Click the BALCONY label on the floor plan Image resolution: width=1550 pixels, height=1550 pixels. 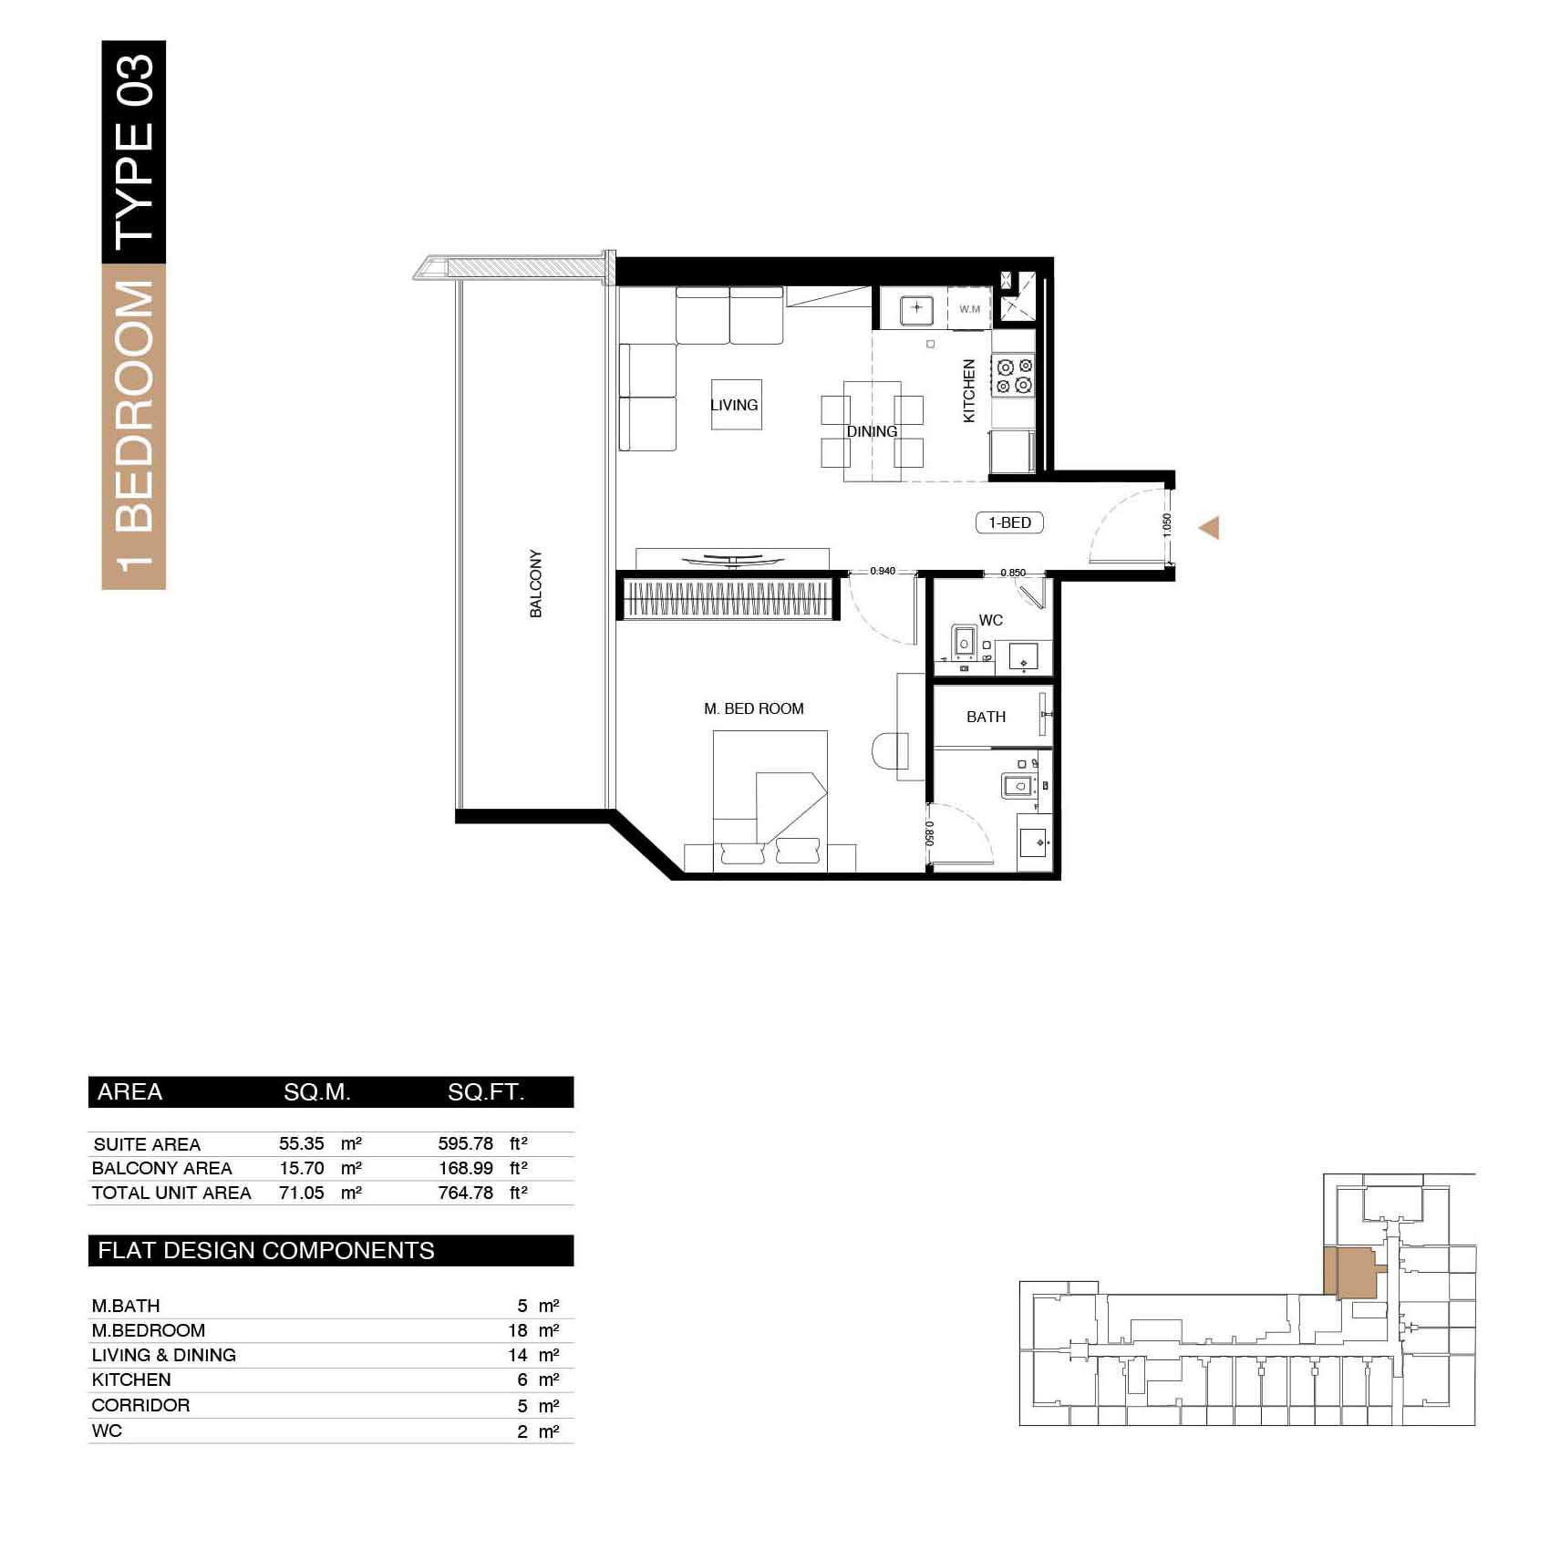point(536,584)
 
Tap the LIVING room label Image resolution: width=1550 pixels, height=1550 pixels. point(734,405)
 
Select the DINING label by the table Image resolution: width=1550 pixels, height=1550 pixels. point(872,431)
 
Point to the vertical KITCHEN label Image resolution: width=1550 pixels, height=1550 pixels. point(969,390)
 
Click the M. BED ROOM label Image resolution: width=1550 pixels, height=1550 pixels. point(754,708)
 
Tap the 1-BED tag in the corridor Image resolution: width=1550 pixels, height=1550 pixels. point(1009,522)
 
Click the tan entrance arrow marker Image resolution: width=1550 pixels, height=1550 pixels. point(1209,528)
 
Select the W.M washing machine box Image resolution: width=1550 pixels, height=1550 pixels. point(970,309)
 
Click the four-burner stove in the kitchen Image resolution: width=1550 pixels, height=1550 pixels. point(1014,376)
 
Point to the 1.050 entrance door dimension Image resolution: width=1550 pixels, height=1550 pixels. point(1167,524)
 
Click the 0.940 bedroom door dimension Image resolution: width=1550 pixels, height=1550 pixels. point(883,571)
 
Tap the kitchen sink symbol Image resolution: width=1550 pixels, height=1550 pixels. point(916,308)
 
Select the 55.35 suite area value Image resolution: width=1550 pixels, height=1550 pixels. point(301,1143)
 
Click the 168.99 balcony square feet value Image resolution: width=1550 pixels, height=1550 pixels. point(466,1168)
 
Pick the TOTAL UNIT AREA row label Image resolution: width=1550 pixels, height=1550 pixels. point(171,1193)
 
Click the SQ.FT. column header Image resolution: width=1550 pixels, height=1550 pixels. point(486,1092)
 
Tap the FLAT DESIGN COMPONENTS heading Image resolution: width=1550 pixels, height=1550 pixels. point(266,1250)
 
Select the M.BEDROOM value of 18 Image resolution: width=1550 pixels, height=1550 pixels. point(518,1330)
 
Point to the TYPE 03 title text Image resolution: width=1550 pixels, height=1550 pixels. point(134,151)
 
